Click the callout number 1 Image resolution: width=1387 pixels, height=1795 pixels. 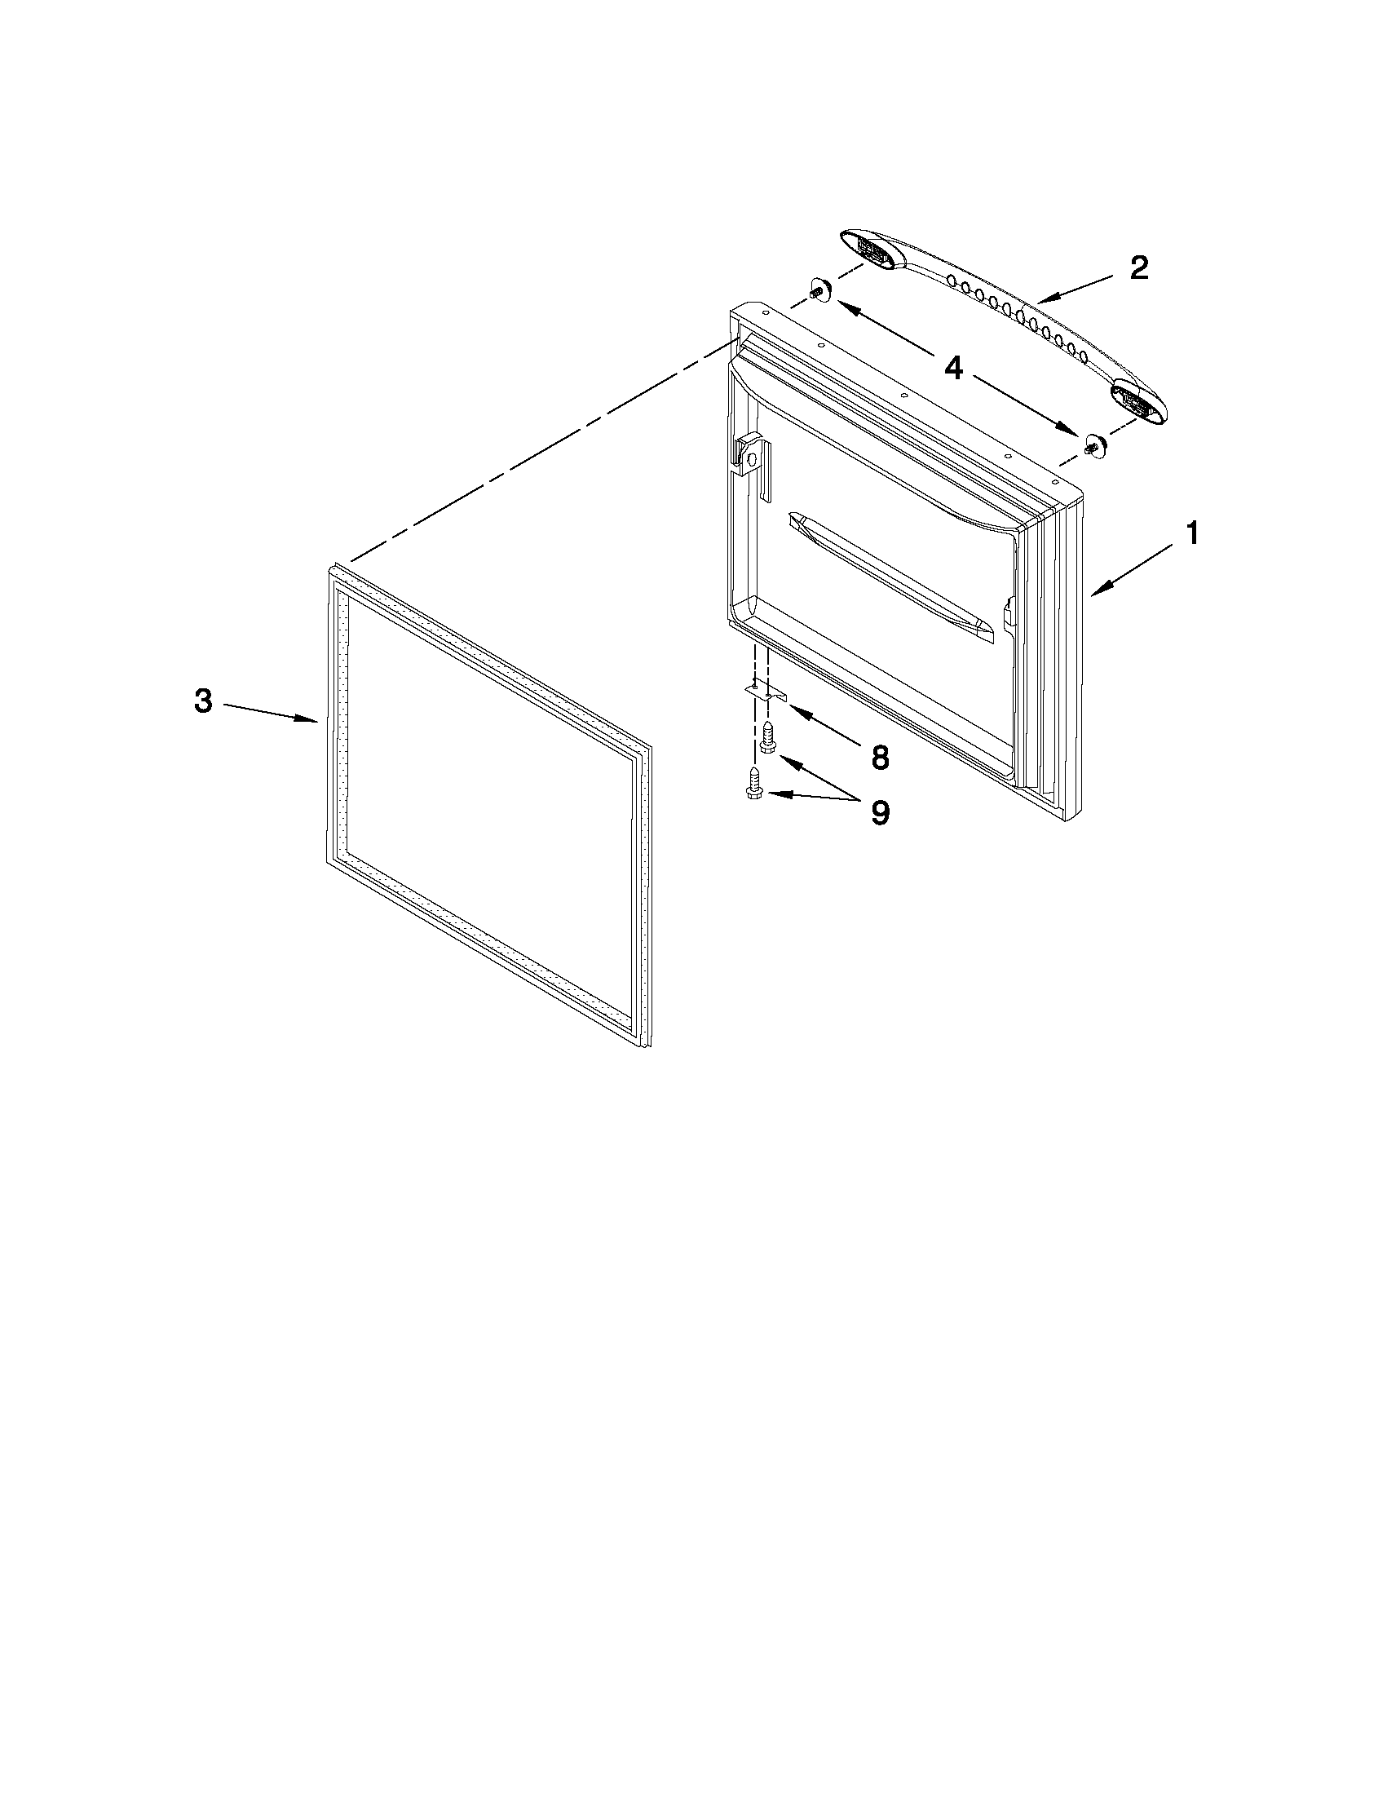coord(1190,535)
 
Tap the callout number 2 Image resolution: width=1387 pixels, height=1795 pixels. coord(1139,269)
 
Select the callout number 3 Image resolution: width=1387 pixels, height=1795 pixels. coord(203,701)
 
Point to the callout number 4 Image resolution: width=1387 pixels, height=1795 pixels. coord(953,368)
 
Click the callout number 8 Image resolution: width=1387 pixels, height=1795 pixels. coord(880,758)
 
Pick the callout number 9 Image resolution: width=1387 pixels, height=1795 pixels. coord(880,813)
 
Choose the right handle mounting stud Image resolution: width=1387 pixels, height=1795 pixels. coord(1093,445)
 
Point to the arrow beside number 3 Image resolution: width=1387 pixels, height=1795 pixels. coord(272,712)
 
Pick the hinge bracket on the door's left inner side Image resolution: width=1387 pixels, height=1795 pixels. coord(752,460)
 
